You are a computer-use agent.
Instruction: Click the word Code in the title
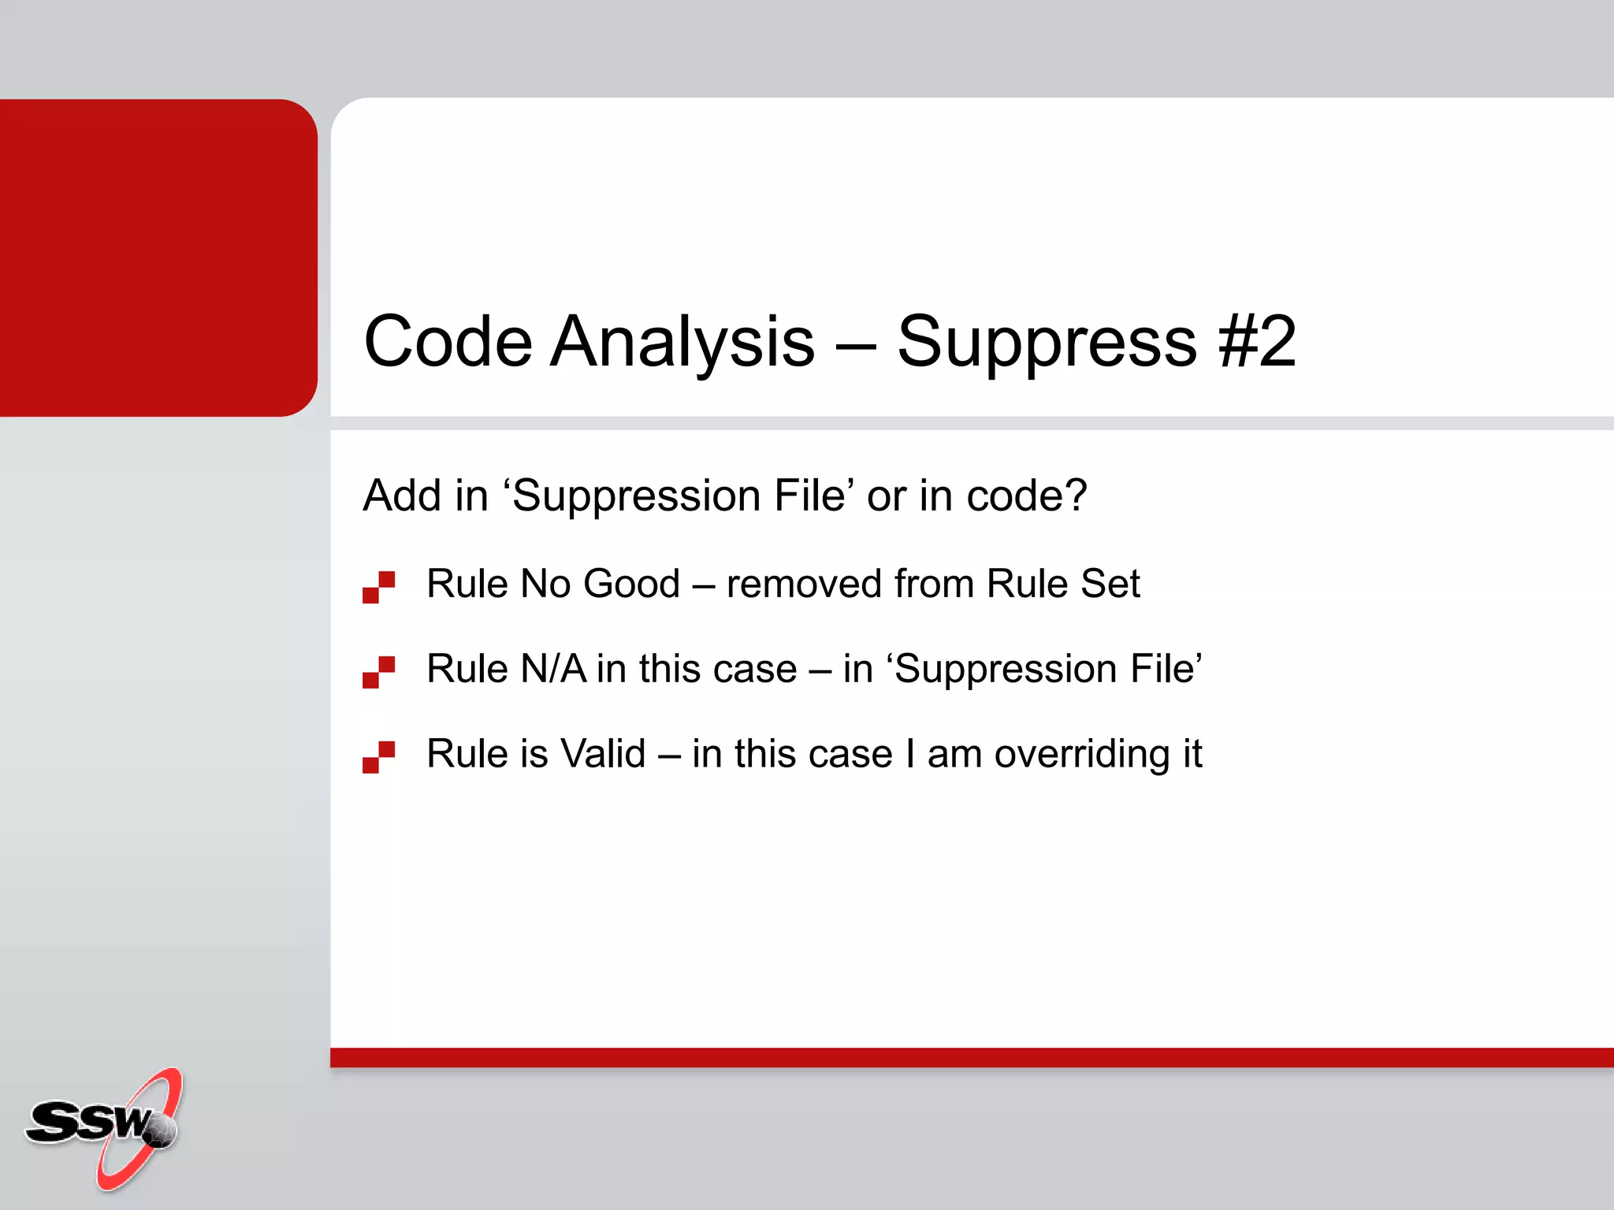[x=448, y=341]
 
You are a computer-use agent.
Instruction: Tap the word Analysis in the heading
[x=682, y=341]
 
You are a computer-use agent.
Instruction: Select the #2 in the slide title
[x=1256, y=341]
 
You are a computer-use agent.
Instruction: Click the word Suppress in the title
[x=1047, y=341]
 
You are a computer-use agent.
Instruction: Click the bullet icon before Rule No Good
[x=378, y=587]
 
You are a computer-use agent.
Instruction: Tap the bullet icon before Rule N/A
[x=378, y=672]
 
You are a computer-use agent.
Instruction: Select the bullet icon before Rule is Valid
[x=378, y=757]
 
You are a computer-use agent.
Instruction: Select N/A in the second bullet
[x=553, y=670]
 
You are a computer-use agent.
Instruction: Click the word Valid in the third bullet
[x=602, y=754]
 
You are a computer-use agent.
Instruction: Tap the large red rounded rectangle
[x=158, y=258]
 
